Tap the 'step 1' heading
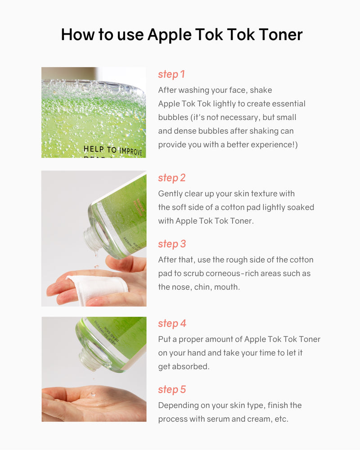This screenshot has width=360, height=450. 171,74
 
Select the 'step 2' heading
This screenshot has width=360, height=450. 171,178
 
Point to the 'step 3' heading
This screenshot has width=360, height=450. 172,244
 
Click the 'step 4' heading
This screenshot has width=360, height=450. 172,324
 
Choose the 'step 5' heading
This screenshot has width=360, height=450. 172,389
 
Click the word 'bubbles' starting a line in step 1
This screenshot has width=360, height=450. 173,117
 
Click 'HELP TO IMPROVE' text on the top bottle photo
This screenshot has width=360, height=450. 113,150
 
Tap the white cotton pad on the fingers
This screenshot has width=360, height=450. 98,287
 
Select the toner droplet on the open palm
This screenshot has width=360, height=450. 93,394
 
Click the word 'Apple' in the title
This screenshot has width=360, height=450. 170,35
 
